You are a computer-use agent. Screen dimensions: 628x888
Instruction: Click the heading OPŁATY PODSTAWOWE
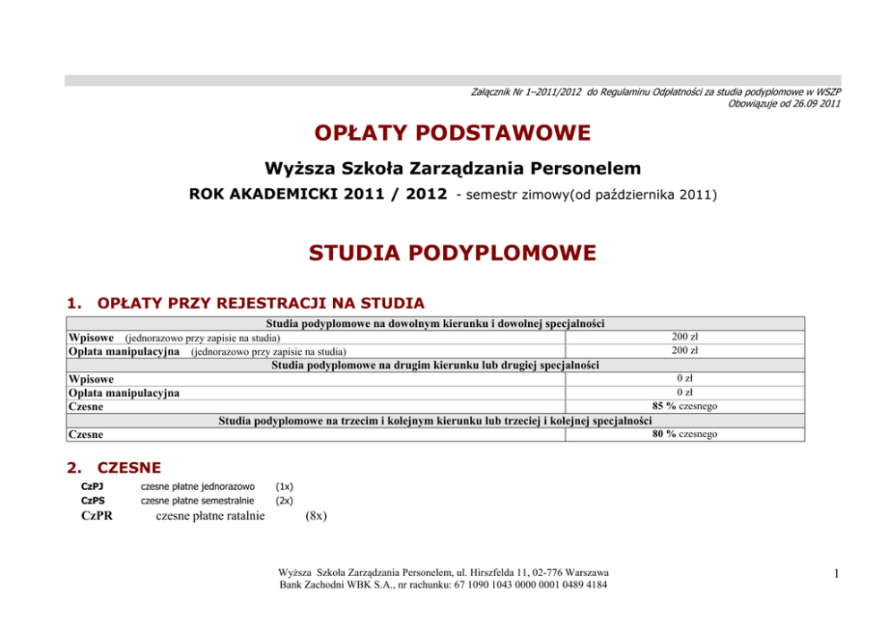tap(452, 133)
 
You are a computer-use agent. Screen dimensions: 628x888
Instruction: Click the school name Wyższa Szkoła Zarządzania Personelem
tap(452, 168)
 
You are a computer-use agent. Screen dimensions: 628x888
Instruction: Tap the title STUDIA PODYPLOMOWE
tap(452, 254)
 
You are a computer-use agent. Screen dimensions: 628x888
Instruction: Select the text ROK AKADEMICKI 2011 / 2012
tap(318, 194)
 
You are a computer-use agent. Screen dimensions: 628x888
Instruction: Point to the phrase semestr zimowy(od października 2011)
tap(586, 194)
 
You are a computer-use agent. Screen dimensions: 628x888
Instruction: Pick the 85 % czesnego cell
tap(685, 406)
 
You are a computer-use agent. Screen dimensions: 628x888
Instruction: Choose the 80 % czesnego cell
tap(685, 434)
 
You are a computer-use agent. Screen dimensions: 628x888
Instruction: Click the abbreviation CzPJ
tap(92, 486)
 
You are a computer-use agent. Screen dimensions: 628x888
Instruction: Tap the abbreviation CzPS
tap(92, 501)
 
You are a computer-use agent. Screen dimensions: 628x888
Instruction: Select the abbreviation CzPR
tap(97, 516)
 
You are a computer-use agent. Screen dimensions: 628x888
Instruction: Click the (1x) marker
tap(285, 486)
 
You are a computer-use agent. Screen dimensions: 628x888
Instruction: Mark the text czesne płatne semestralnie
tap(198, 501)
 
